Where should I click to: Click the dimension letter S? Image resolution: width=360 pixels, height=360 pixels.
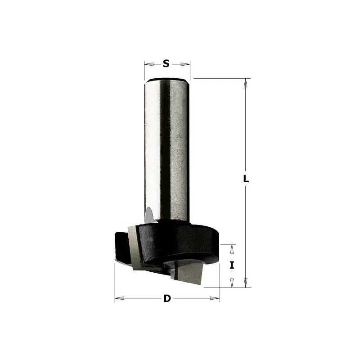pyautogui.click(x=166, y=63)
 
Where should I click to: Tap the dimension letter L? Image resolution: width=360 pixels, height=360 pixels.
pyautogui.click(x=246, y=179)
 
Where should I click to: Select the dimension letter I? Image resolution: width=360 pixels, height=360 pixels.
pyautogui.click(x=232, y=265)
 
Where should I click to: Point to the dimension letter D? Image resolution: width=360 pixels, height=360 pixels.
pyautogui.click(x=167, y=298)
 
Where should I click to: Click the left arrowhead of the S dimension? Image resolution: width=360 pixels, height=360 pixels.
pyautogui.click(x=149, y=64)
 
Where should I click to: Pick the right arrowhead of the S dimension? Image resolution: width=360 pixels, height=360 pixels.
pyautogui.click(x=185, y=64)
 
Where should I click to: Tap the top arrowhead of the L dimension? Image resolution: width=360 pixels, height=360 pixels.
pyautogui.click(x=246, y=83)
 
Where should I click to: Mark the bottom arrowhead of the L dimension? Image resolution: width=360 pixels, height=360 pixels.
pyautogui.click(x=246, y=283)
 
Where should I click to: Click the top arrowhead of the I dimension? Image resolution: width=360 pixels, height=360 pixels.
pyautogui.click(x=232, y=249)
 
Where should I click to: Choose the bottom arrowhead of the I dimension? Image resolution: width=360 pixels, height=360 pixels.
pyautogui.click(x=232, y=283)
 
